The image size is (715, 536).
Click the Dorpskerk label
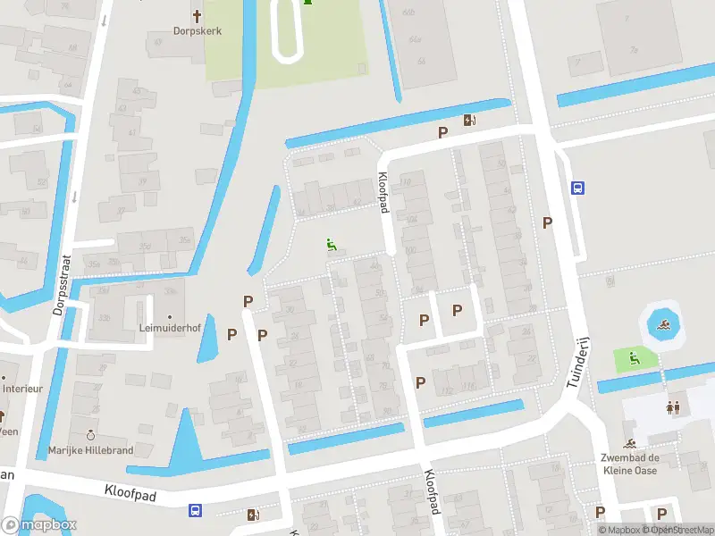pyautogui.click(x=198, y=30)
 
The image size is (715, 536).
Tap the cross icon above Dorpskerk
pyautogui.click(x=198, y=15)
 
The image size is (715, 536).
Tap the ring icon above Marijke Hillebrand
pyautogui.click(x=90, y=435)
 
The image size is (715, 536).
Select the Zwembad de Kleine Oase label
pyautogui.click(x=629, y=464)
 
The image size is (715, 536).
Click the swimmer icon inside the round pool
pyautogui.click(x=662, y=324)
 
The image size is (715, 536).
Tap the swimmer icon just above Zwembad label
pyautogui.click(x=631, y=444)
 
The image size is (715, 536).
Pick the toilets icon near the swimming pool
pyautogui.click(x=673, y=407)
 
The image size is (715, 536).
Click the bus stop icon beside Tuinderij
pyautogui.click(x=578, y=188)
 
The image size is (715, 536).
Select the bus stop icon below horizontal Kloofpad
pyautogui.click(x=195, y=511)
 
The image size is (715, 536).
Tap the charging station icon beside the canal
pyautogui.click(x=470, y=121)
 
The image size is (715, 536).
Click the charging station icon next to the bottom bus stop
pyautogui.click(x=255, y=514)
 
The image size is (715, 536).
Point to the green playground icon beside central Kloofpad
pyautogui.click(x=332, y=245)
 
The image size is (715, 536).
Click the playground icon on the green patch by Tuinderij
pyautogui.click(x=634, y=359)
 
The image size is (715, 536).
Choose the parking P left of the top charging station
pyautogui.click(x=442, y=132)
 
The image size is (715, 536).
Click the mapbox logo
pyautogui.click(x=38, y=525)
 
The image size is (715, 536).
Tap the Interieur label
pyautogui.click(x=21, y=389)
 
